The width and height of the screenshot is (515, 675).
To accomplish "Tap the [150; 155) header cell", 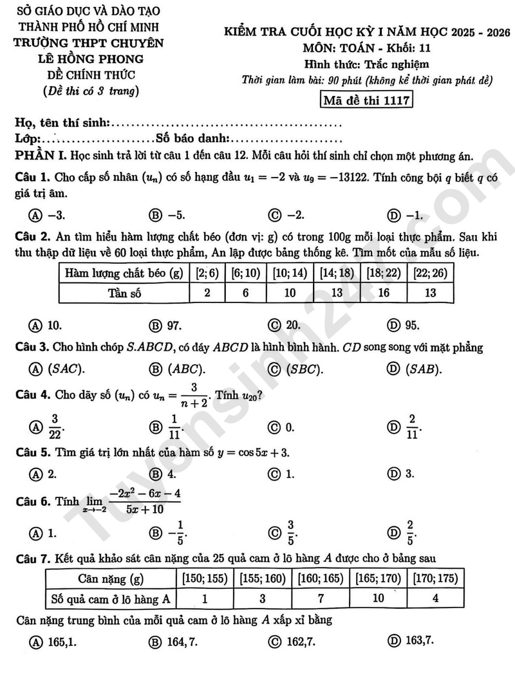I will pos(205,578).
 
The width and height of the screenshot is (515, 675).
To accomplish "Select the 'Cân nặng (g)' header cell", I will pos(110,578).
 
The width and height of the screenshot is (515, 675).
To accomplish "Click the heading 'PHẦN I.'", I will pos(41,156).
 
